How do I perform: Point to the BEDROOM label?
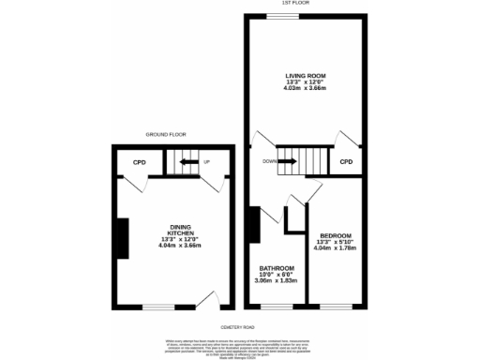335,235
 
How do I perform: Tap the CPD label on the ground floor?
139,162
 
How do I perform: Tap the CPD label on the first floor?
346,162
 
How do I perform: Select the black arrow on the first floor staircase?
289,162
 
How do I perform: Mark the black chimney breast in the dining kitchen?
119,232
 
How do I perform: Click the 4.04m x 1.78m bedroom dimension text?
335,249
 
